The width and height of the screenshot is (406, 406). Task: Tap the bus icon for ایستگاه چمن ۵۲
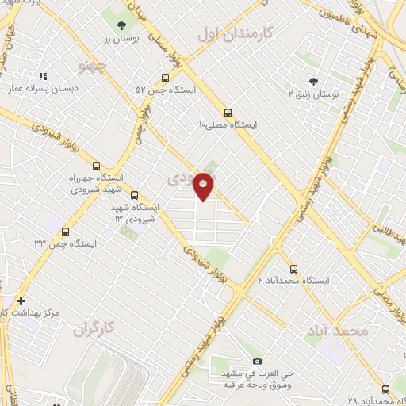pyautogui.click(x=165, y=78)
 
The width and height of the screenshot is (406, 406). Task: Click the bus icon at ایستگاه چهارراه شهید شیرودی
pyautogui.click(x=97, y=166)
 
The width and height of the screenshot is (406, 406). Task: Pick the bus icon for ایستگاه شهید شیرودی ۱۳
pyautogui.click(x=133, y=194)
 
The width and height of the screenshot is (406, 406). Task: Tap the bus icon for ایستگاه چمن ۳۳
pyautogui.click(x=65, y=232)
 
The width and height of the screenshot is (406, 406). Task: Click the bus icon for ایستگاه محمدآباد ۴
pyautogui.click(x=294, y=268)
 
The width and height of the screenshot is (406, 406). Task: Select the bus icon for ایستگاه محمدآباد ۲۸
pyautogui.click(x=386, y=389)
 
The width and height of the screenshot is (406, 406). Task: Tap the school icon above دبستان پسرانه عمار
pyautogui.click(x=42, y=77)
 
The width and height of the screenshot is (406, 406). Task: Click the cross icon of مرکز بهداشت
pyautogui.click(x=21, y=301)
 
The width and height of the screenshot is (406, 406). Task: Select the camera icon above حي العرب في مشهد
pyautogui.click(x=256, y=362)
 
